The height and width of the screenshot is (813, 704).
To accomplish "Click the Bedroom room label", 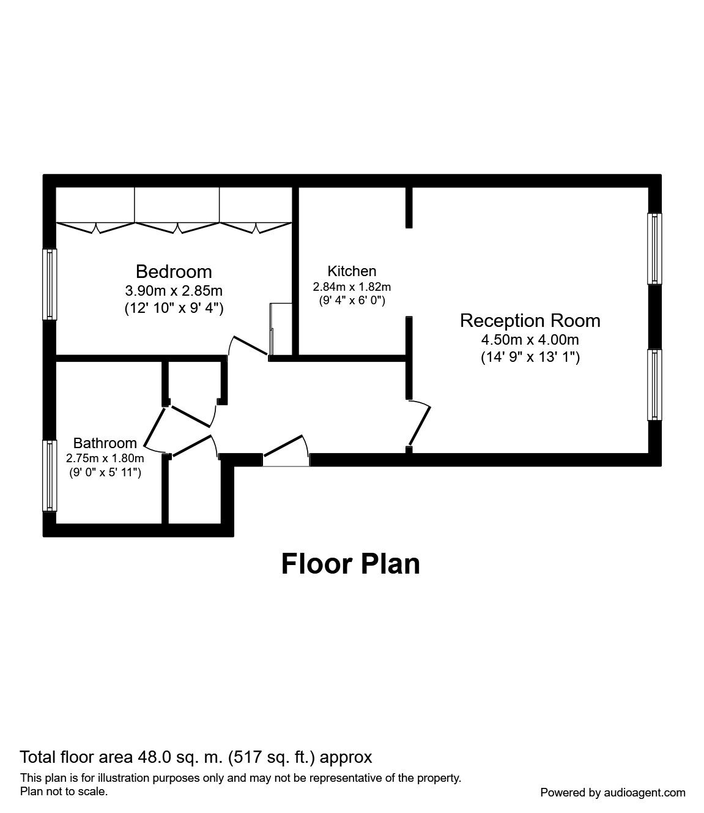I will click(x=174, y=271).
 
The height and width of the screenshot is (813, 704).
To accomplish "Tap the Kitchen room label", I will click(x=352, y=271).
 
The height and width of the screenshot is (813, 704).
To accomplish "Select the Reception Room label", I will click(x=530, y=321).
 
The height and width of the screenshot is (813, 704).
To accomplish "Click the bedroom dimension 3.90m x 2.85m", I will click(x=174, y=290).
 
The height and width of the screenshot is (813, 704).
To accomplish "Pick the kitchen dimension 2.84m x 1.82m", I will click(x=352, y=287).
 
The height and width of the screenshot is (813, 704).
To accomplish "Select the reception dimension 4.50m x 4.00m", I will click(x=530, y=340).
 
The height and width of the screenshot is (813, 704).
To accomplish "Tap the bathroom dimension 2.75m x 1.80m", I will click(x=105, y=458).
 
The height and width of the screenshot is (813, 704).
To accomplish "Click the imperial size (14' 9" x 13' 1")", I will click(x=530, y=357).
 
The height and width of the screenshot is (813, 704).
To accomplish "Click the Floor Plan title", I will click(x=350, y=564).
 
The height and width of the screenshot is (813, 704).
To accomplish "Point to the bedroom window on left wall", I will click(x=49, y=284).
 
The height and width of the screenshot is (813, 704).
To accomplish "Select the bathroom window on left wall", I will click(x=49, y=476).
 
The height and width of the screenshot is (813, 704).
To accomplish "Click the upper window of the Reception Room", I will click(x=655, y=249).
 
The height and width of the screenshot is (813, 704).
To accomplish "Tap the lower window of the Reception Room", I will click(x=655, y=384).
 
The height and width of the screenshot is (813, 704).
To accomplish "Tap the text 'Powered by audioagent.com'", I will click(x=612, y=792).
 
